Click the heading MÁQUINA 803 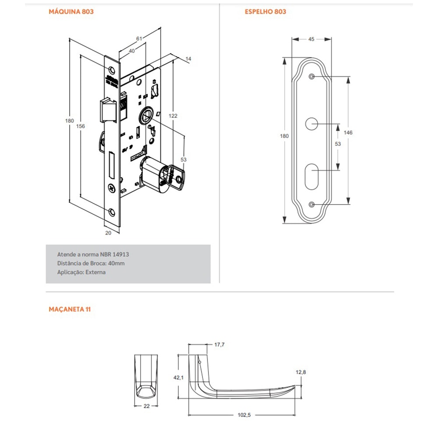click(x=71, y=12)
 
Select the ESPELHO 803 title click(x=265, y=12)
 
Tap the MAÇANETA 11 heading click(x=70, y=309)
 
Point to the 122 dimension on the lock click(x=173, y=116)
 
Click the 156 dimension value click(x=80, y=126)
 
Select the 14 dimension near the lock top click(x=188, y=58)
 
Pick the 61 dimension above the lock click(x=139, y=39)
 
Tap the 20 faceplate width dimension click(x=108, y=233)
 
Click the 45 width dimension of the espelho click(x=311, y=39)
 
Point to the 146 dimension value click(x=349, y=132)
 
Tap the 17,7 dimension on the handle click(x=219, y=345)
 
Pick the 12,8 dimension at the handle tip click(x=300, y=372)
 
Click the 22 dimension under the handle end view click(x=146, y=406)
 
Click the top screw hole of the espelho click(x=311, y=77)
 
